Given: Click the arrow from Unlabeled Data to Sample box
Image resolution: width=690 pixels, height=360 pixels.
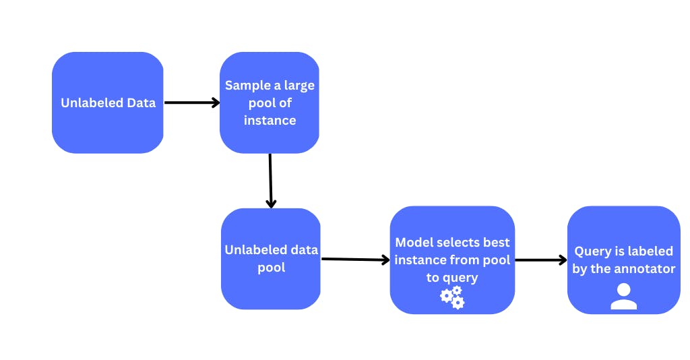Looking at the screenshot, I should coord(192,103).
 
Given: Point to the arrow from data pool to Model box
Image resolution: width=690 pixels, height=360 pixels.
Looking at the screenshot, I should coord(355,260).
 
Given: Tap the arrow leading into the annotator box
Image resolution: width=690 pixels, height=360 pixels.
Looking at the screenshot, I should coord(540,260).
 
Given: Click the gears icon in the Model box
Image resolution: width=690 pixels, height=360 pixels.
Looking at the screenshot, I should coord(452,297).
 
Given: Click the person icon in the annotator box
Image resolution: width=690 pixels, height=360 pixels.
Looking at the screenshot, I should coord(623,297).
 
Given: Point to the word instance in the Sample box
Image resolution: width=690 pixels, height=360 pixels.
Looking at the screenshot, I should coord(270,121).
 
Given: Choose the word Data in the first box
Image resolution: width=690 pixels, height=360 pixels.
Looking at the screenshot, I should coord(141,103).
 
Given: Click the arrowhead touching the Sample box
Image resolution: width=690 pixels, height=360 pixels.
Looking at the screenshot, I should coord(216,103).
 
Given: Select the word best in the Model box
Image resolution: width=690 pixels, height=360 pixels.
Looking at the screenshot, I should coord(496,242).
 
